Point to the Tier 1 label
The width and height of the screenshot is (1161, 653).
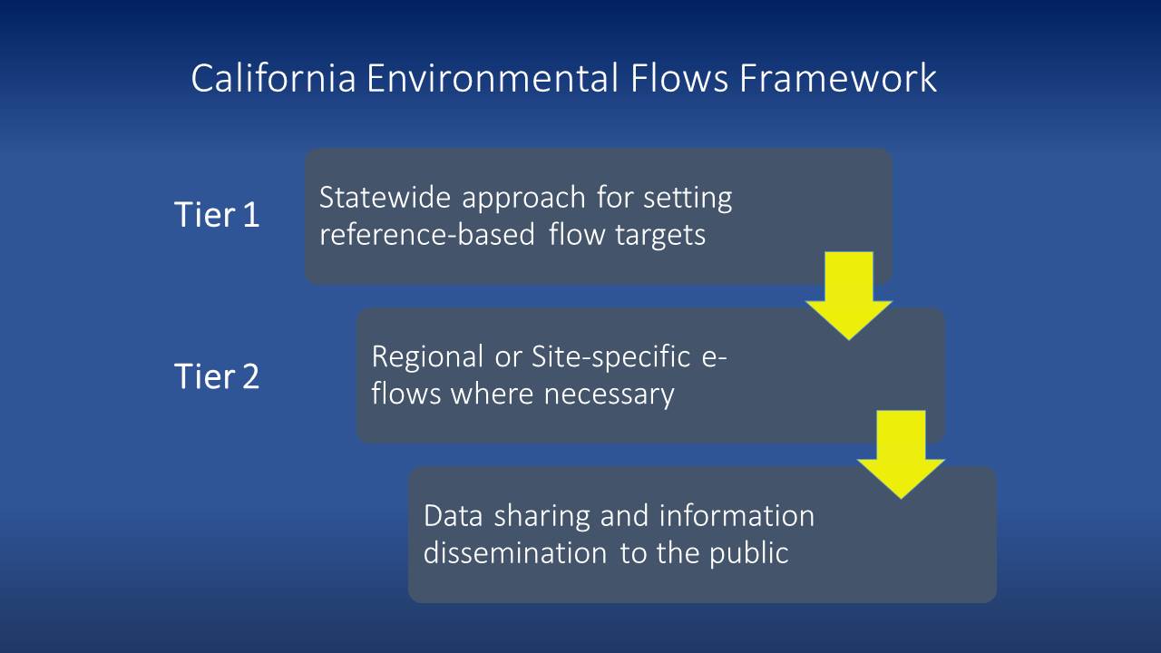coord(217,216)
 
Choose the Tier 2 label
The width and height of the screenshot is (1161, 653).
coord(217,375)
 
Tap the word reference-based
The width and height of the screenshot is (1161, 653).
coord(428,235)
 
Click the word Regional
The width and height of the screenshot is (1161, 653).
coord(427,356)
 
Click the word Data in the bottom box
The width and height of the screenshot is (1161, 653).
coord(454,515)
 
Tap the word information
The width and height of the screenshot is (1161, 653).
coord(737,515)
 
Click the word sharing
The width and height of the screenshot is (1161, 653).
coord(544,515)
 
